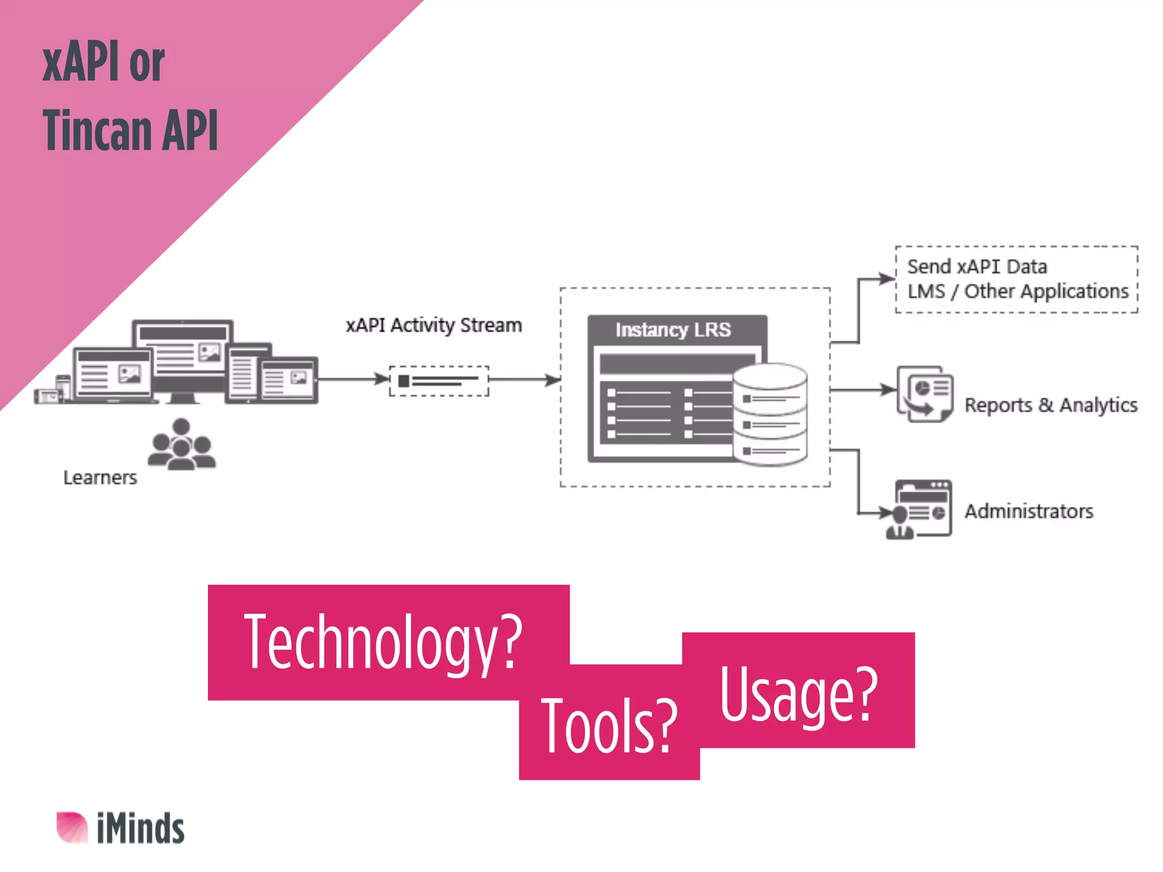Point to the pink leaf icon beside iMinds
(72, 827)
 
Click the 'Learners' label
(100, 477)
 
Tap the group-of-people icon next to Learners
(182, 445)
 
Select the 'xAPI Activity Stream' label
(434, 325)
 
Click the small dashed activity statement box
(438, 380)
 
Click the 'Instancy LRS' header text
(673, 330)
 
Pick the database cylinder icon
(770, 414)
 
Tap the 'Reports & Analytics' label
(1051, 405)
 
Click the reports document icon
(925, 393)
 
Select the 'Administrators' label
(1029, 511)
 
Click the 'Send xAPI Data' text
(977, 266)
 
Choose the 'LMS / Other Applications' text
(1018, 291)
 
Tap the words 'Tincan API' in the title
(130, 131)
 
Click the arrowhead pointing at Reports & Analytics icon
(888, 389)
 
